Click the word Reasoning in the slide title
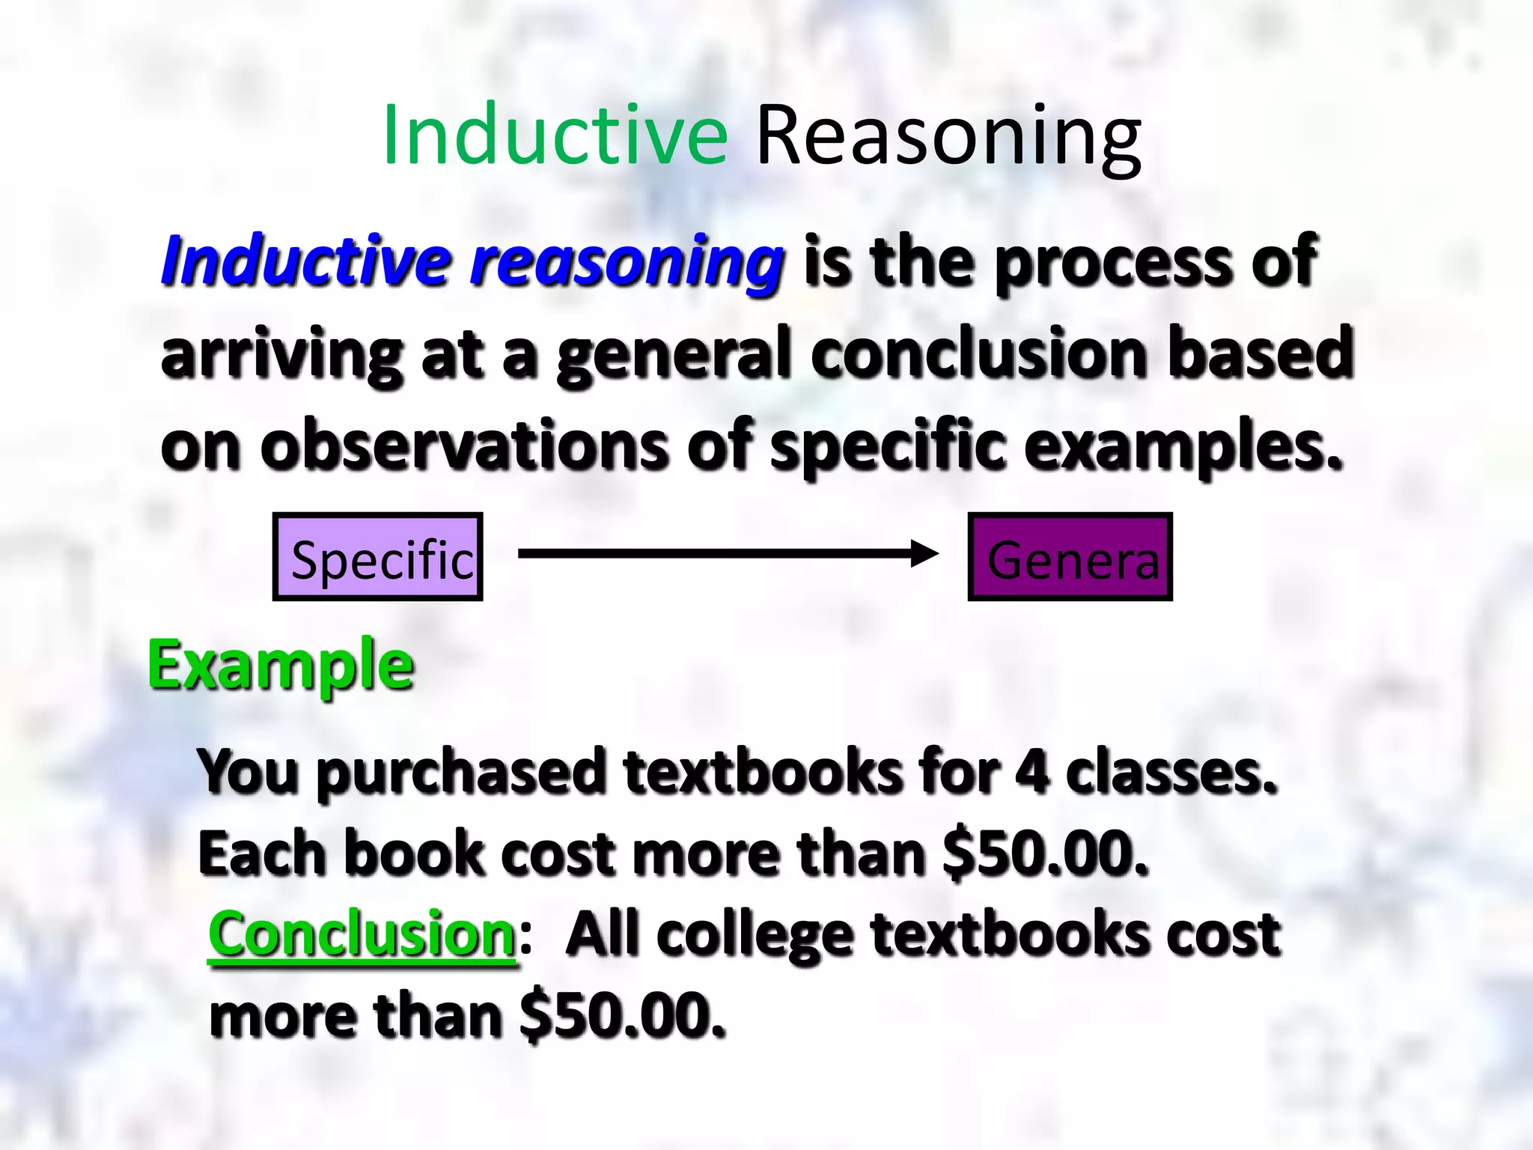tap(948, 139)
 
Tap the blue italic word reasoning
tap(627, 262)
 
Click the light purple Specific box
tap(378, 557)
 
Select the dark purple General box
tap(1070, 557)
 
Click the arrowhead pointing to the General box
tap(925, 554)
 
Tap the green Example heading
tap(281, 666)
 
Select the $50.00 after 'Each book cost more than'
tap(1045, 854)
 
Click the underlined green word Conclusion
tap(362, 934)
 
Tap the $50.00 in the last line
tap(623, 1016)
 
